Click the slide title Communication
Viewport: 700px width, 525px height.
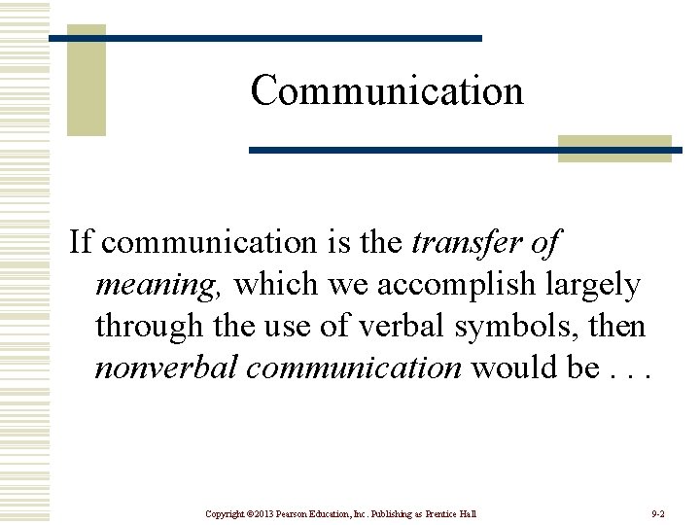click(x=387, y=91)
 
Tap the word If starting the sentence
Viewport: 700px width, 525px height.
click(x=79, y=242)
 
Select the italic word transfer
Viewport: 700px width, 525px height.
click(x=459, y=242)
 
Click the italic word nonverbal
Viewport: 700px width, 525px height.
click(x=158, y=367)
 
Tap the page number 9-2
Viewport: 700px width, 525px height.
click(x=657, y=512)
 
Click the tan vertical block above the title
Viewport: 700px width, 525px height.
click(x=86, y=82)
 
